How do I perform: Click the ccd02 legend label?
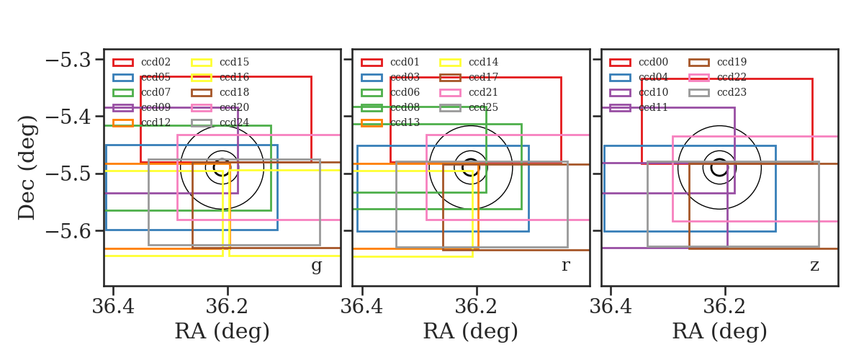click(x=156, y=62)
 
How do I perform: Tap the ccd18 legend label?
click(x=234, y=92)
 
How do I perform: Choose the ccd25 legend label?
click(x=483, y=107)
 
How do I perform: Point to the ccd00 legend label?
click(x=654, y=62)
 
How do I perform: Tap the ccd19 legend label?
click(x=732, y=62)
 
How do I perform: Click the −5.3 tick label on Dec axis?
click(x=68, y=60)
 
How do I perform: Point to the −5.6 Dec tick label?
click(x=68, y=230)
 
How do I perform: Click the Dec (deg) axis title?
click(x=27, y=168)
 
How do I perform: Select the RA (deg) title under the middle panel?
click(x=471, y=331)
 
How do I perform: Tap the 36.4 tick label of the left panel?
click(x=113, y=307)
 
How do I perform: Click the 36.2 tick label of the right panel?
click(x=725, y=307)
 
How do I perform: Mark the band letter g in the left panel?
click(x=316, y=266)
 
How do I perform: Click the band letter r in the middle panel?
click(x=566, y=265)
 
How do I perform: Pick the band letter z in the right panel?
click(x=814, y=266)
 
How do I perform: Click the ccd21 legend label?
click(x=483, y=92)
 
